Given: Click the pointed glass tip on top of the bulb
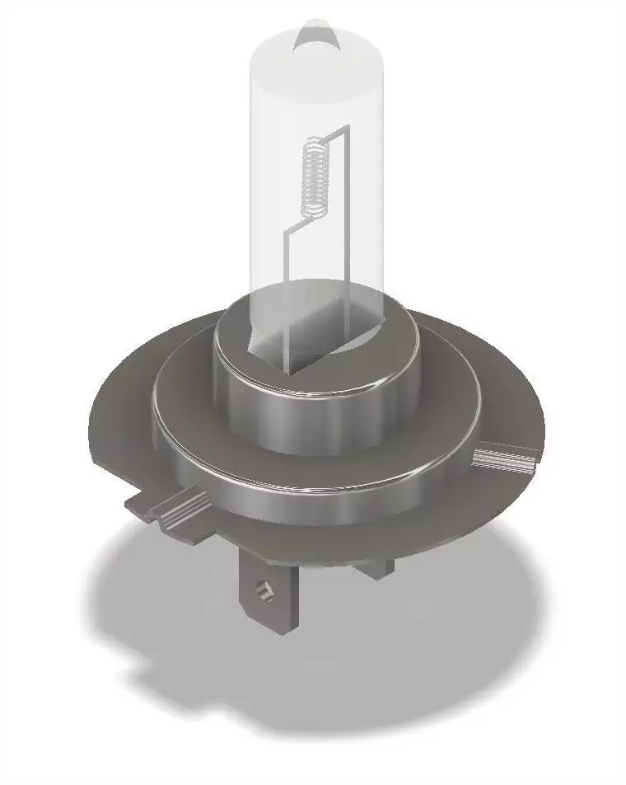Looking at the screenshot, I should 315,34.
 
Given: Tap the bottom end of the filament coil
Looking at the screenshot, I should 312,216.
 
